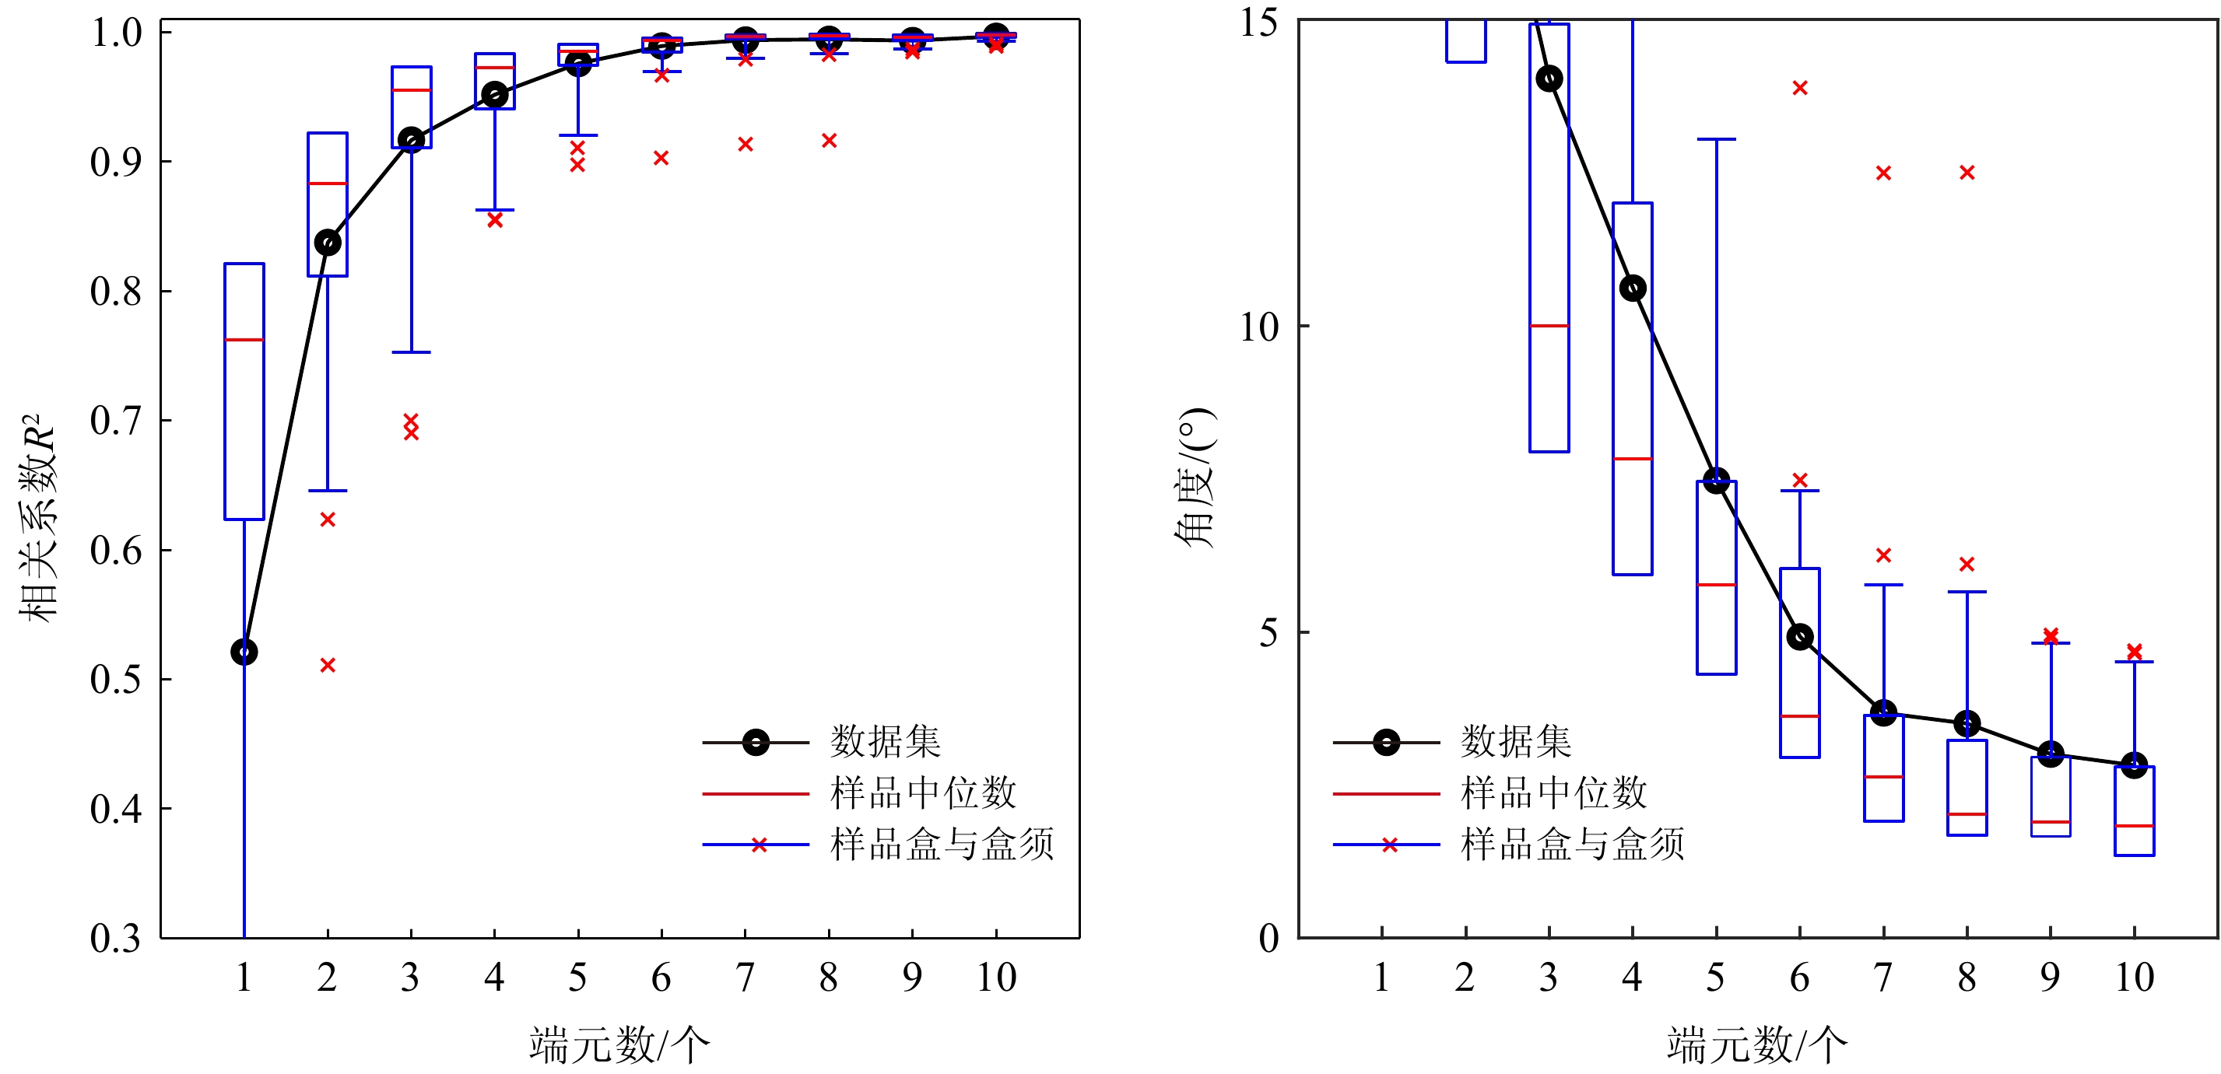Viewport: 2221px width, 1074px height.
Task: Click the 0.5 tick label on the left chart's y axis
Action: [115, 679]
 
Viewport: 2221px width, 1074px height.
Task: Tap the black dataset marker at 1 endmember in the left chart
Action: [244, 652]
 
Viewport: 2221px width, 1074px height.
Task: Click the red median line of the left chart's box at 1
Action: [244, 340]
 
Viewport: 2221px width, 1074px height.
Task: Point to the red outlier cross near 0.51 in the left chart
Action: [328, 665]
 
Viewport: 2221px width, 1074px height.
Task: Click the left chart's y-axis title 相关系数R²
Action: [38, 517]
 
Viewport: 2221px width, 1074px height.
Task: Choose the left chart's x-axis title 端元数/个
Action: [619, 1044]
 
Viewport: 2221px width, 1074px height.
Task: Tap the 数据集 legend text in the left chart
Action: [886, 741]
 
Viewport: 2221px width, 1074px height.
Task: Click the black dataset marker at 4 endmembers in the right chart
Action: [1632, 288]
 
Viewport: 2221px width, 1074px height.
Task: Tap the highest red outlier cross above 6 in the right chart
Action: [1799, 88]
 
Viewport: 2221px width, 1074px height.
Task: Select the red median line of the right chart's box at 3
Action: [1549, 326]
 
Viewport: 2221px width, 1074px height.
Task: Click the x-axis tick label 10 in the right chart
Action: [2134, 978]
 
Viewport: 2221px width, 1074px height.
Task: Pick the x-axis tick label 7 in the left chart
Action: [745, 978]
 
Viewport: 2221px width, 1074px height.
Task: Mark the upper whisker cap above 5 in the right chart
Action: [1716, 138]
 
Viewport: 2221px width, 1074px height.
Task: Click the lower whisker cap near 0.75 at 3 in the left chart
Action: [411, 352]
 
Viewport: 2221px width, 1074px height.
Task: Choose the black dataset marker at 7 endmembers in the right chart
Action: [1883, 713]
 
